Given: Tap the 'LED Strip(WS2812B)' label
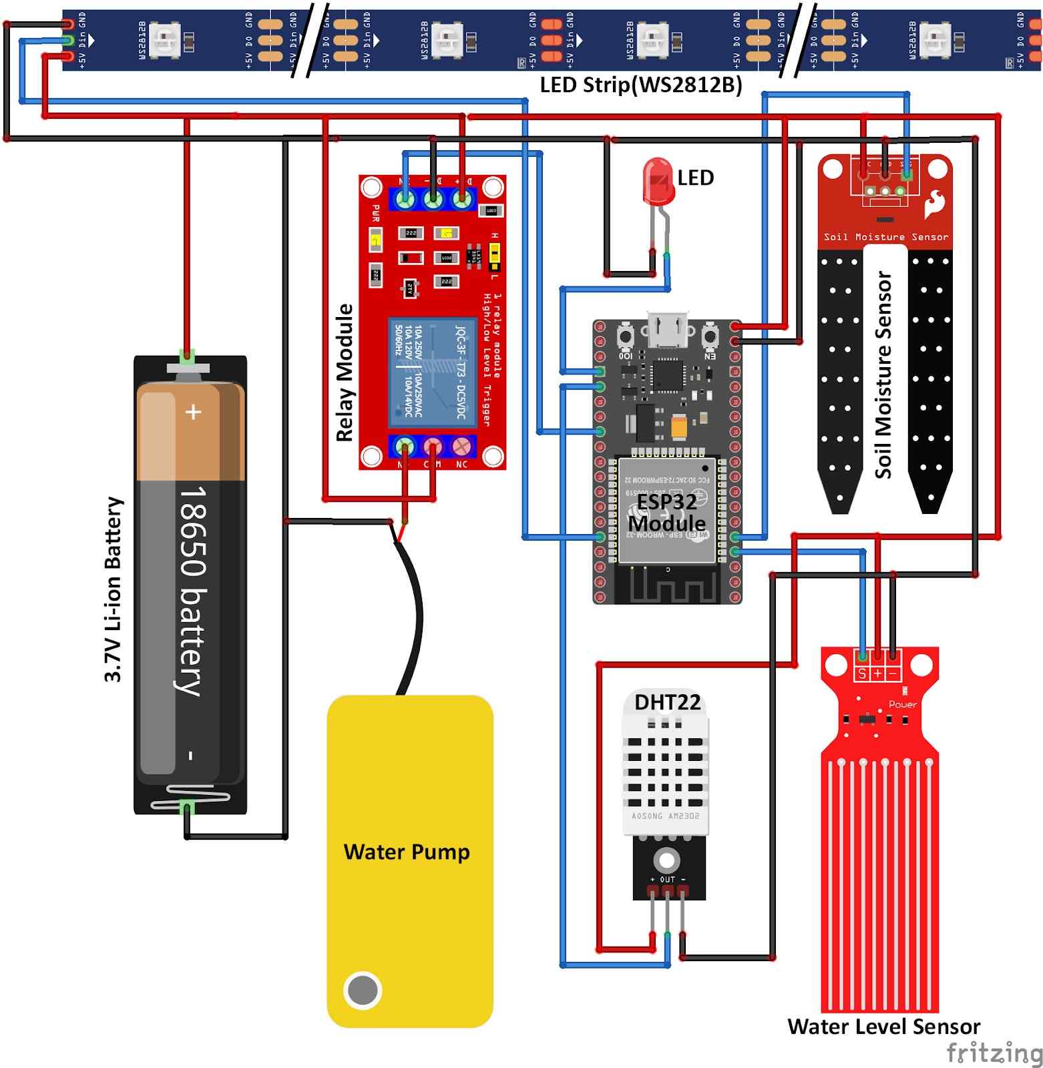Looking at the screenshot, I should (640, 85).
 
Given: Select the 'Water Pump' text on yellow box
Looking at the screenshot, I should (406, 852).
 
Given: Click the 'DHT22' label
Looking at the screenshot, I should (667, 702).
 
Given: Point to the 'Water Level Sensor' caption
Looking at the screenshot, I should (883, 1027).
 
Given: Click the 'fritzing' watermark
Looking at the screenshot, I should (994, 1053).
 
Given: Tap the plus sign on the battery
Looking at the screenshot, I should (194, 412).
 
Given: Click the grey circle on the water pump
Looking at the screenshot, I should (363, 990).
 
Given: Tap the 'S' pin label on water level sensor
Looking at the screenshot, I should (862, 674).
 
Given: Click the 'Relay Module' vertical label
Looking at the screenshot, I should (345, 372).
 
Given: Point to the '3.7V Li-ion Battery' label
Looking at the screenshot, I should (114, 589).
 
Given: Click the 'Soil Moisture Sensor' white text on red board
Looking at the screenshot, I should (885, 237).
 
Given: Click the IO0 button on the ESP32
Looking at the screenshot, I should (626, 335).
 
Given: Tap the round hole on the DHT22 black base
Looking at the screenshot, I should (666, 858).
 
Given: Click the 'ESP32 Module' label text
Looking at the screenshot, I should (666, 512).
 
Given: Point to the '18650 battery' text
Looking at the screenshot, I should (192, 591).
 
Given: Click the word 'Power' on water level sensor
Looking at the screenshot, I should (902, 704).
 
